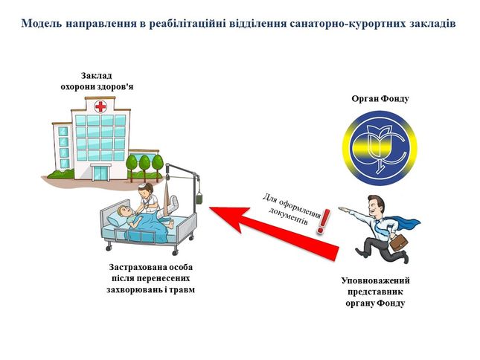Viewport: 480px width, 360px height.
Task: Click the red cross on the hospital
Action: click(x=100, y=107)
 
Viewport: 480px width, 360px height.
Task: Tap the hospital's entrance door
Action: click(x=100, y=173)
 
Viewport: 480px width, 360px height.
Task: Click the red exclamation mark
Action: click(x=323, y=220)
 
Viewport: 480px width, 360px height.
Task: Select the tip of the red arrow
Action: click(x=210, y=208)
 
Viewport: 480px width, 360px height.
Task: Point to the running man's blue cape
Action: click(x=403, y=223)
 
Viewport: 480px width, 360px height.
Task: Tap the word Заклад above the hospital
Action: click(x=96, y=76)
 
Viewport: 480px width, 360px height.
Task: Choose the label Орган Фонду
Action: click(x=380, y=99)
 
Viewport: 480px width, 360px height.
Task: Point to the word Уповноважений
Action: click(x=375, y=280)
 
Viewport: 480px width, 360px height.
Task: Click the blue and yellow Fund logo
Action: click(x=380, y=148)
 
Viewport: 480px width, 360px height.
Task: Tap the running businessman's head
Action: click(x=375, y=205)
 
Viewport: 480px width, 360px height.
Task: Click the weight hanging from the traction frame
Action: click(x=199, y=198)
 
